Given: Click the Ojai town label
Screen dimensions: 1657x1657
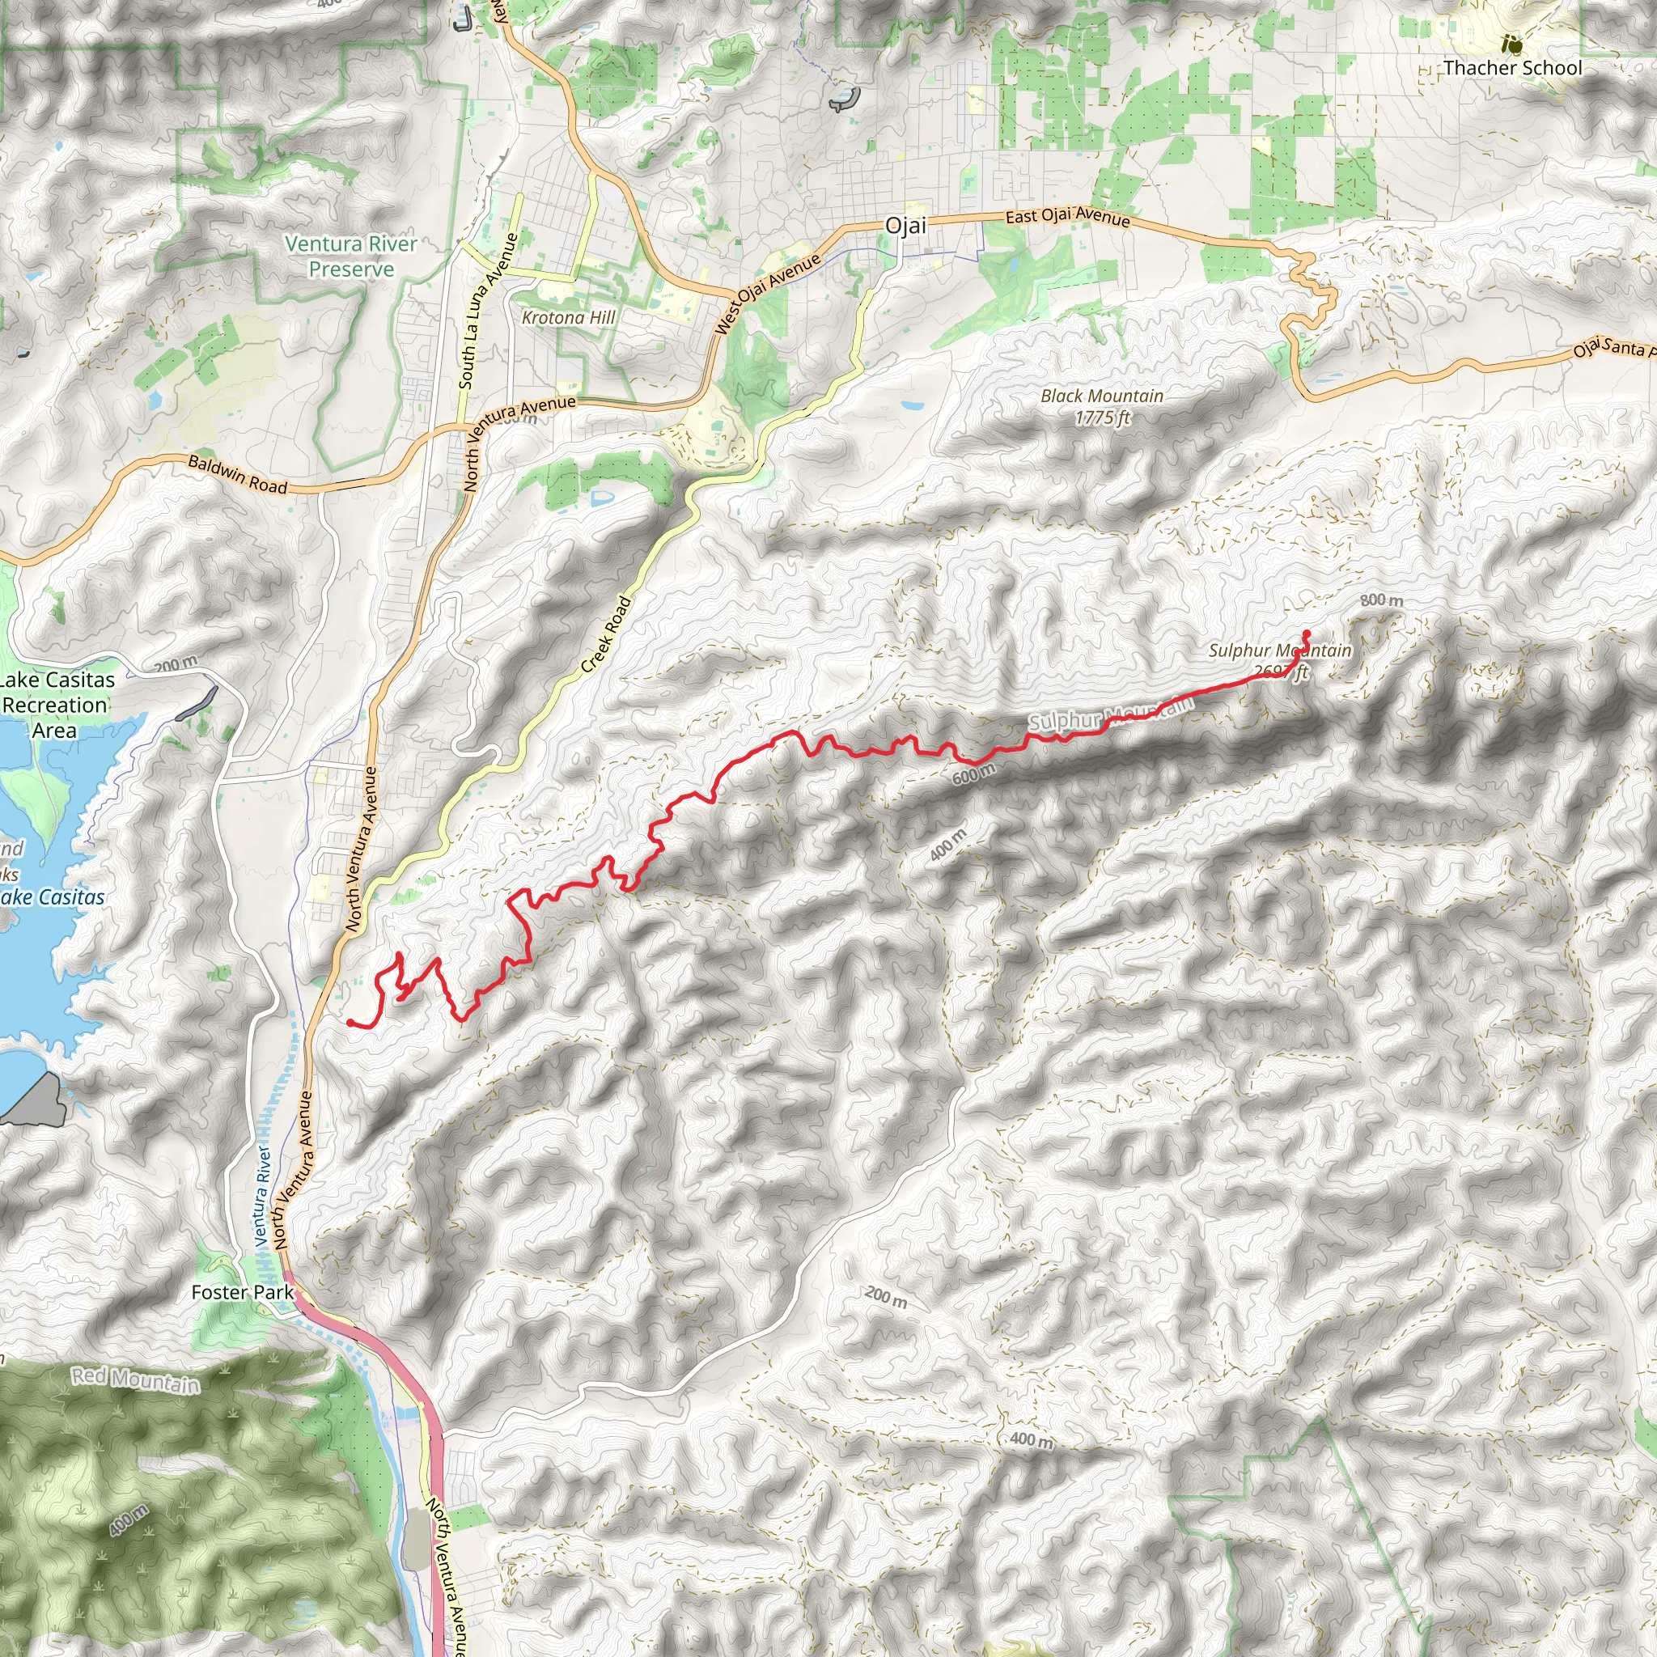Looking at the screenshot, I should pyautogui.click(x=905, y=226).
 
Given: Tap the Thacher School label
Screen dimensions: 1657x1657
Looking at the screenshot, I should pyautogui.click(x=1512, y=68).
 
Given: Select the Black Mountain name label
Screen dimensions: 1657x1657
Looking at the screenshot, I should pyautogui.click(x=1101, y=396).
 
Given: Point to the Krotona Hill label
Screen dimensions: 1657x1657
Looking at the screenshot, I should pyautogui.click(x=569, y=317).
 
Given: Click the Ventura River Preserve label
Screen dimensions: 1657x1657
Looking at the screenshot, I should pyautogui.click(x=351, y=256).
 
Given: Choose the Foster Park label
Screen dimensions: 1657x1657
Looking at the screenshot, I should pyautogui.click(x=242, y=1291).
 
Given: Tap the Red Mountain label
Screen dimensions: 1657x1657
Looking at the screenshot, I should pyautogui.click(x=135, y=1379).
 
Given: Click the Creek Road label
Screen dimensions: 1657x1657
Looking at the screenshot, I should pyautogui.click(x=606, y=634).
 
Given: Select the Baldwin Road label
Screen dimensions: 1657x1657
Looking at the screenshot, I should pyautogui.click(x=238, y=474).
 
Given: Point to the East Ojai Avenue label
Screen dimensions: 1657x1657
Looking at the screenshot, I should pyautogui.click(x=1068, y=216).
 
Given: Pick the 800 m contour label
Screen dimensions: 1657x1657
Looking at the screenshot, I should pyautogui.click(x=1382, y=600).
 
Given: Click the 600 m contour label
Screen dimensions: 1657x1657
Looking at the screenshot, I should pyautogui.click(x=973, y=774).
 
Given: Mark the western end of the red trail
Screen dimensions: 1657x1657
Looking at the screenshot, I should pyautogui.click(x=351, y=1023).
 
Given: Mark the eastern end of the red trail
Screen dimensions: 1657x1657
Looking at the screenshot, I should pyautogui.click(x=1306, y=634).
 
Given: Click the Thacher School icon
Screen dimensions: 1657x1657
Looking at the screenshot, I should pyautogui.click(x=1512, y=43).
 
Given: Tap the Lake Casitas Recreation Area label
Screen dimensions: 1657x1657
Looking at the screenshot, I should pyautogui.click(x=57, y=705).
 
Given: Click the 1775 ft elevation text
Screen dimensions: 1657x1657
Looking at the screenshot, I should pyautogui.click(x=1103, y=418).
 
